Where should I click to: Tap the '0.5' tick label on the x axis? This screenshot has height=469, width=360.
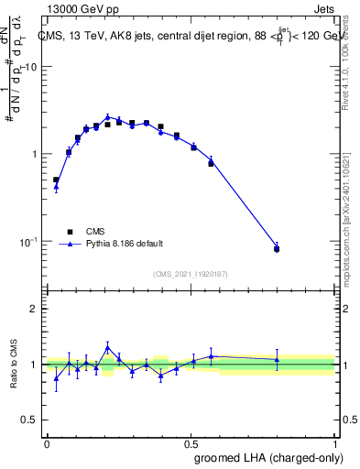click(x=191, y=443)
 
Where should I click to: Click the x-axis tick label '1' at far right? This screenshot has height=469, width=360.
click(x=335, y=443)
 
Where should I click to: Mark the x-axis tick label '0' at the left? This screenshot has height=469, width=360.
click(x=47, y=443)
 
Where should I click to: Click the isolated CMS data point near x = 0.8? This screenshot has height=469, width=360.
click(x=277, y=248)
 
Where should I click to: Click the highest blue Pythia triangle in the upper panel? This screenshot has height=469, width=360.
click(x=108, y=116)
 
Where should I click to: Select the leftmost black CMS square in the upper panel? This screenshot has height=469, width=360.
click(x=56, y=180)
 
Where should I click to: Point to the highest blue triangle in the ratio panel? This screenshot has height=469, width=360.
click(x=108, y=346)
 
